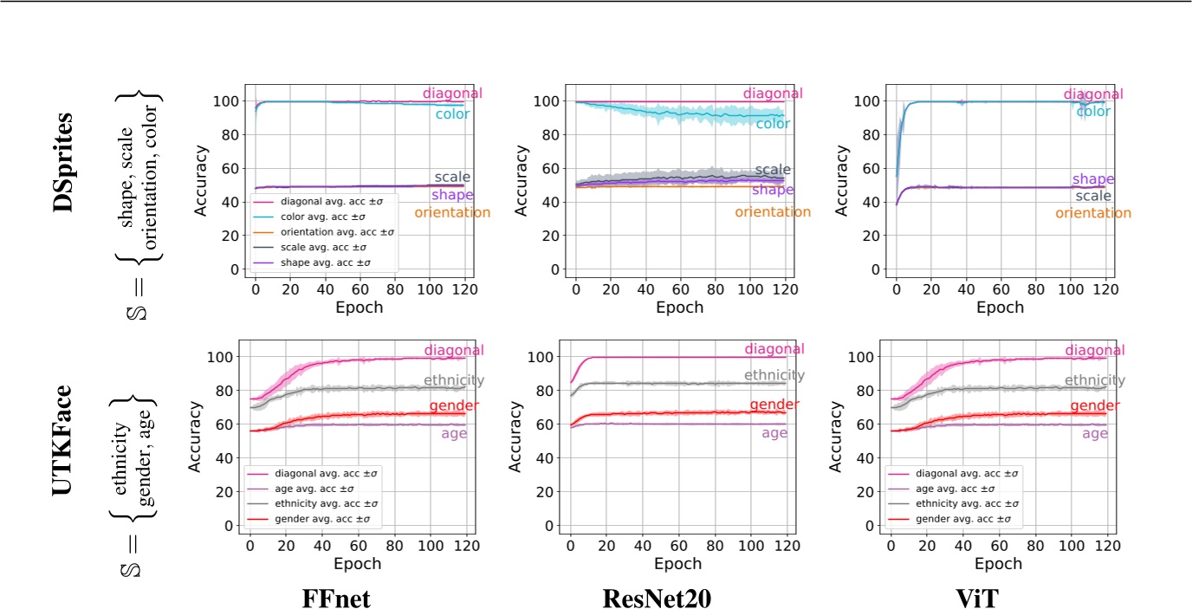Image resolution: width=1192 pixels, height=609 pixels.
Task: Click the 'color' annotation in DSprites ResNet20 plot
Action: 773,124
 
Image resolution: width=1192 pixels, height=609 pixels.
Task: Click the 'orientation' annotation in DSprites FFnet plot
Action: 452,212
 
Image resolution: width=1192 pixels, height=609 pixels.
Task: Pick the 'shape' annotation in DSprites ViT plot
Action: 1093,179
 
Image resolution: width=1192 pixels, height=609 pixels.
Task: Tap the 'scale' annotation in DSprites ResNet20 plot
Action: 773,170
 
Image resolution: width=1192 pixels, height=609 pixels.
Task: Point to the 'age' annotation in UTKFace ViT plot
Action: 1095,433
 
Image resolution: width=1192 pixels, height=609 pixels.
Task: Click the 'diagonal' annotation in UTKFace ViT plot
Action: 1093,351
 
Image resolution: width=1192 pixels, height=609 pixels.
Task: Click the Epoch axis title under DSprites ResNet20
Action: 679,307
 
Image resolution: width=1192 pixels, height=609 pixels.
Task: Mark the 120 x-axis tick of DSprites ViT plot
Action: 1105,287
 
